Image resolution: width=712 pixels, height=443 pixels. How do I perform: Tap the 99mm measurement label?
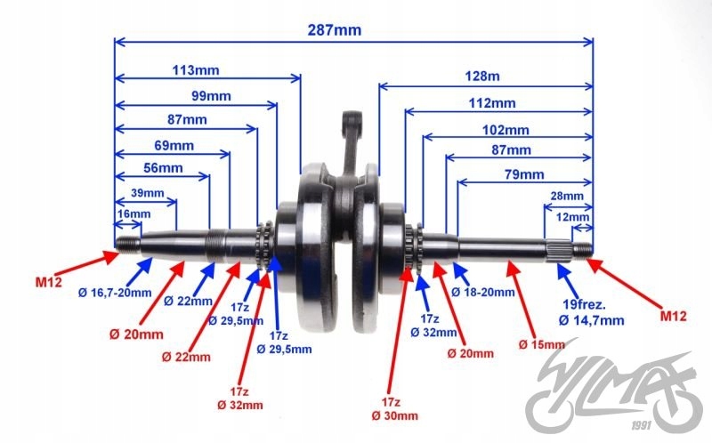click(x=210, y=96)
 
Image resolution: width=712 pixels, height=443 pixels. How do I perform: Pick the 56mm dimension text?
click(x=162, y=168)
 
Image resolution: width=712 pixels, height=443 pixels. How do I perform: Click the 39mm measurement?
click(x=147, y=193)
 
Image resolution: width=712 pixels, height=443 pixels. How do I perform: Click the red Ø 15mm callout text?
click(x=542, y=344)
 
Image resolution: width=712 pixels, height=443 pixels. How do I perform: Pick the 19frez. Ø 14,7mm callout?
click(x=591, y=311)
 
